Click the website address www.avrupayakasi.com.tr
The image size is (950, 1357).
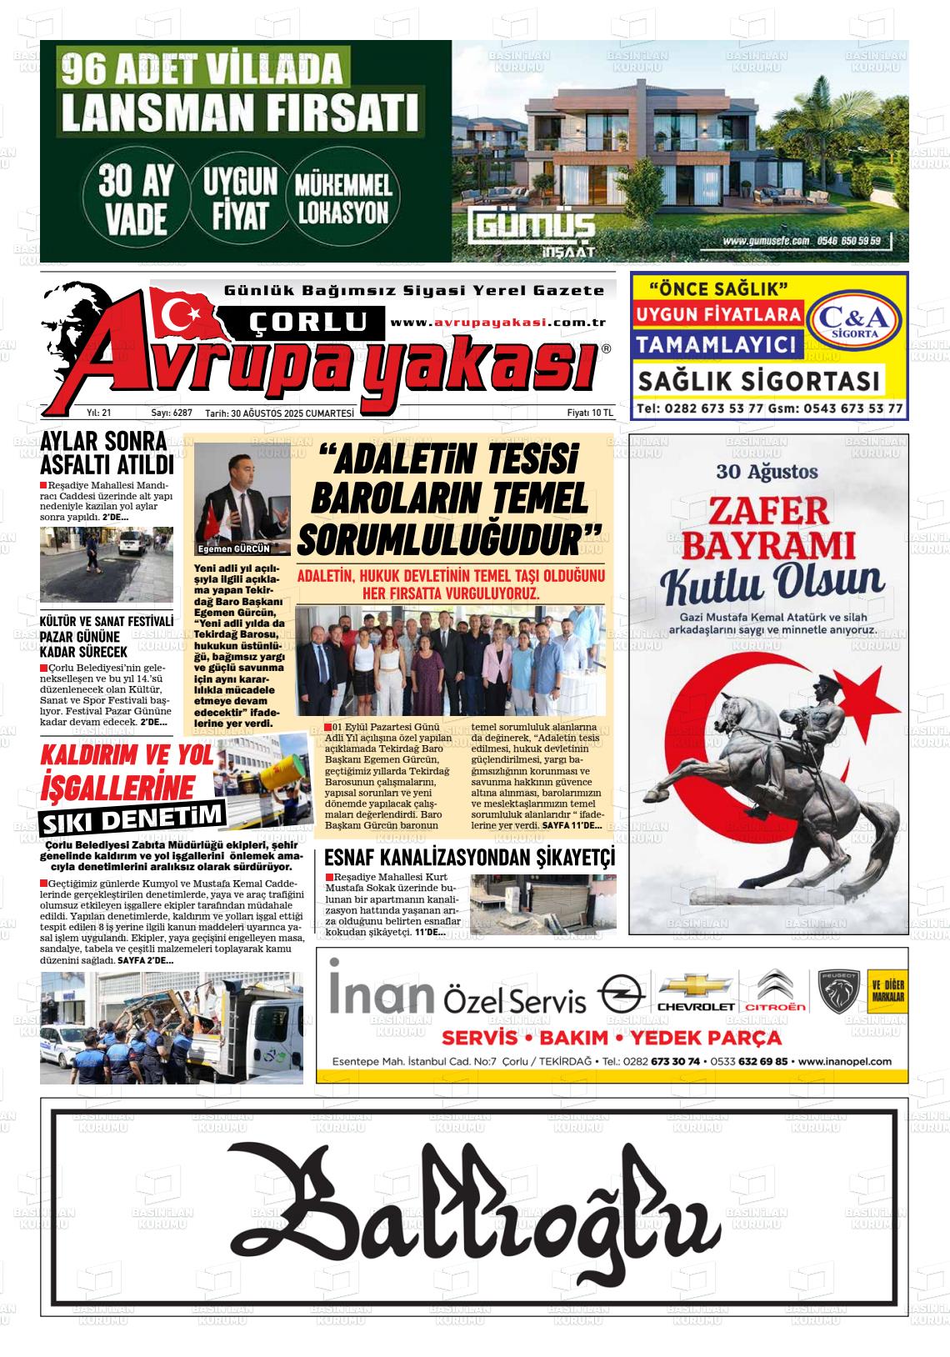[497, 323]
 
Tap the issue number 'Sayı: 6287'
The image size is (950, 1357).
[172, 413]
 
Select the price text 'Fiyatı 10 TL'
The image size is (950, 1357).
[589, 413]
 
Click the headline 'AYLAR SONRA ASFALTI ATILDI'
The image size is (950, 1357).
[107, 453]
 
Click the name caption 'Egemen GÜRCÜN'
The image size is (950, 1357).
[233, 548]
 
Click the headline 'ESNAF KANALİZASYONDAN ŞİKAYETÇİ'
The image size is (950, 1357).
[468, 858]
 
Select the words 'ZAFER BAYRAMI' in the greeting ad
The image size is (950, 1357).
[769, 527]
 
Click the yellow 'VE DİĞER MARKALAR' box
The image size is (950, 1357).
[887, 992]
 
